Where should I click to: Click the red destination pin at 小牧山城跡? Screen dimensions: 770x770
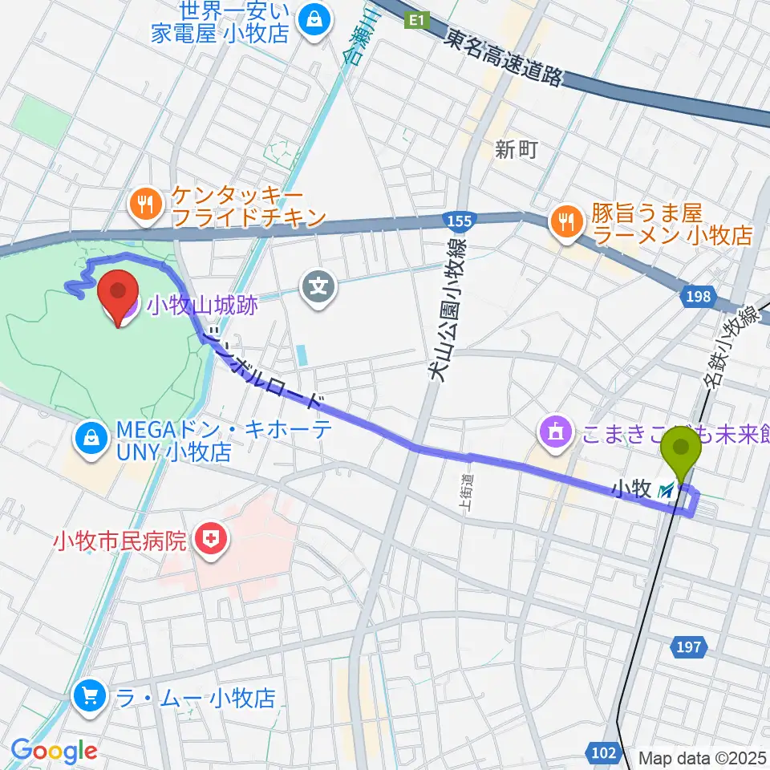tap(118, 297)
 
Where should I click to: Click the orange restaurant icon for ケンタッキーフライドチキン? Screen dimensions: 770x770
tap(145, 206)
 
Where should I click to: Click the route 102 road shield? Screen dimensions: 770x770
tap(606, 752)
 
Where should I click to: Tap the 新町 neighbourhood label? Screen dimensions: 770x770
tap(515, 149)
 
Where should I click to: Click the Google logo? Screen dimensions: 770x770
tap(54, 752)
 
